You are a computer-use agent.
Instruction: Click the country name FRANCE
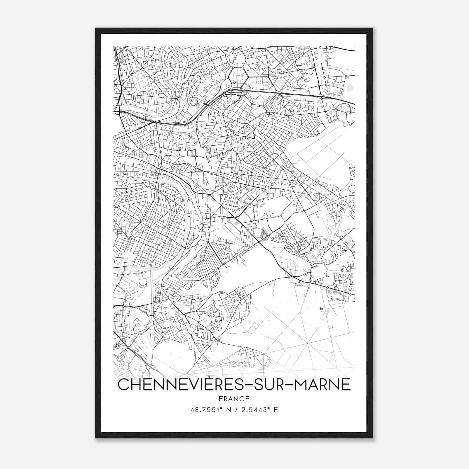pyautogui.click(x=234, y=399)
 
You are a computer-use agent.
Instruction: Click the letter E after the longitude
pyautogui.click(x=276, y=410)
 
